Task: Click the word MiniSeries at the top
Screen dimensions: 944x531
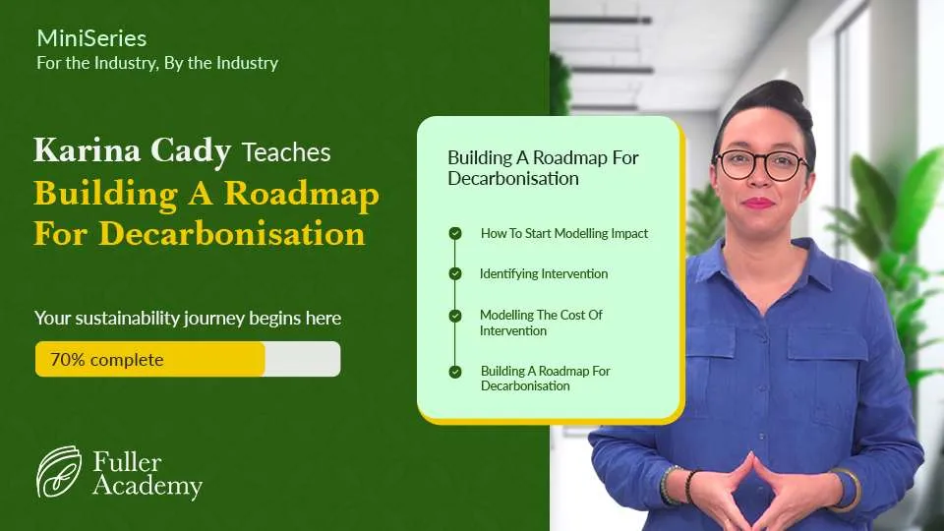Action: [91, 38]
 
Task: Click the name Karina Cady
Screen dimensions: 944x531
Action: [132, 150]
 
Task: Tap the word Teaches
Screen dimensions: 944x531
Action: [286, 152]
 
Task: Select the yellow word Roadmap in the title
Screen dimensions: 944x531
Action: [302, 195]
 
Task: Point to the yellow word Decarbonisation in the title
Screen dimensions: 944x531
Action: [232, 234]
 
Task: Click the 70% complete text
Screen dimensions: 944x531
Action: [107, 360]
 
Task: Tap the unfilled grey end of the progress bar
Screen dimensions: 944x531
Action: [303, 359]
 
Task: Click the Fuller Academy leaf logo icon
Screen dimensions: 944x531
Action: [58, 471]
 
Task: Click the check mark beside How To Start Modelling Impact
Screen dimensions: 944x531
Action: [455, 233]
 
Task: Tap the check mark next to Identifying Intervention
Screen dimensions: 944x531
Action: [455, 274]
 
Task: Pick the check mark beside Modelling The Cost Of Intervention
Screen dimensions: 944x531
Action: [455, 316]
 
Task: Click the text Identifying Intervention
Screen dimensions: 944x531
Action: [544, 274]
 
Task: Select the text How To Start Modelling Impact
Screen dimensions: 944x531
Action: [564, 233]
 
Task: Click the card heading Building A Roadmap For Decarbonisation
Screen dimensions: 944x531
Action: [543, 168]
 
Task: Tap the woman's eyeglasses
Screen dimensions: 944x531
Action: [761, 164]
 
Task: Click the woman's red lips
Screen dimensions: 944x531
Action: [758, 203]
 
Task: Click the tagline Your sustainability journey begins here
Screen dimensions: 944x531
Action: [188, 318]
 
